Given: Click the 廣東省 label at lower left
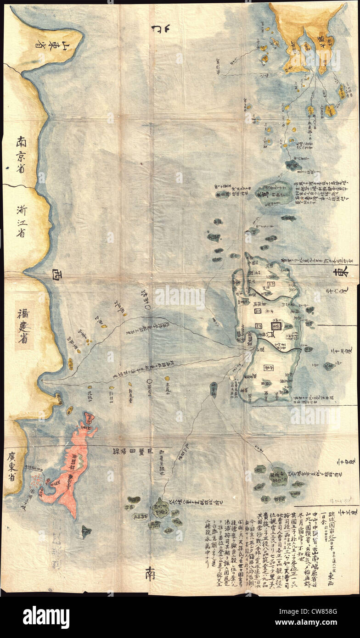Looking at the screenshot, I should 11,466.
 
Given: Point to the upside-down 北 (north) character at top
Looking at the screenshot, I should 159,30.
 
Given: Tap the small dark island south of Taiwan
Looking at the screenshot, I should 86,531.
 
